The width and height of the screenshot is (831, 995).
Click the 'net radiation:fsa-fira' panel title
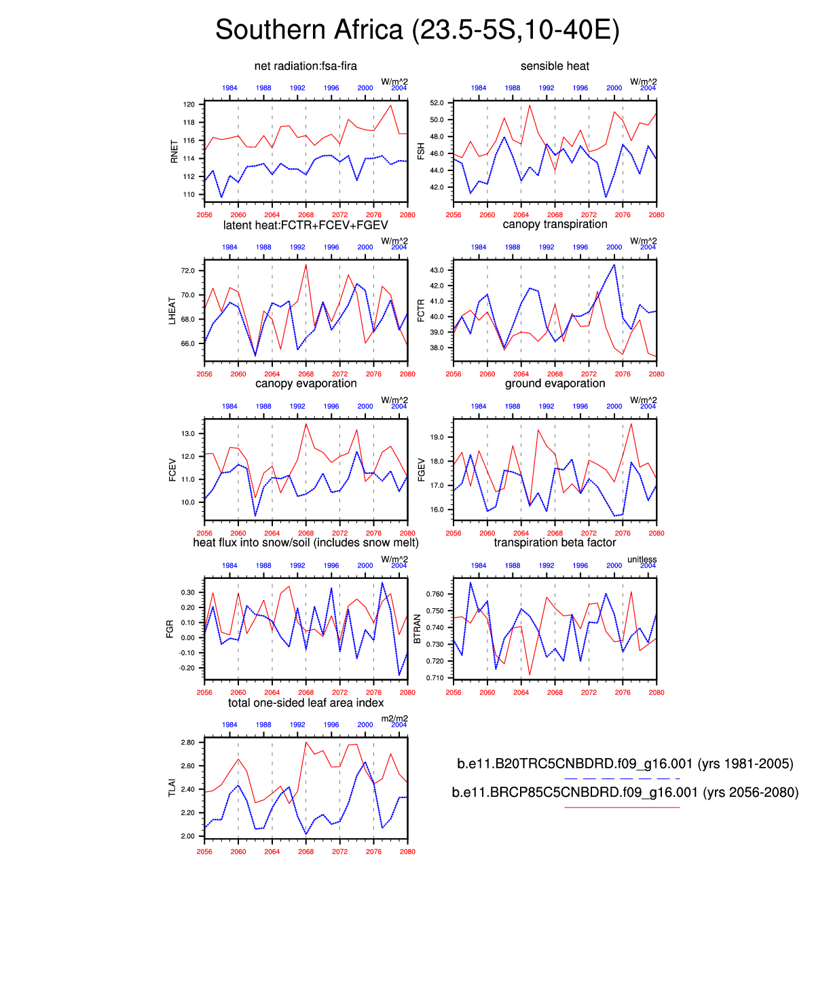coord(306,66)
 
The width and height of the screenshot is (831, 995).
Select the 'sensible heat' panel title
coord(555,66)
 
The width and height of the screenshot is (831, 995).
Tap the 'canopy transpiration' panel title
coord(555,225)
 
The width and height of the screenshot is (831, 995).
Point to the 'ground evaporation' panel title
coord(555,383)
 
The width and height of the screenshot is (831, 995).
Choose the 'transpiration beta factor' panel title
coord(555,542)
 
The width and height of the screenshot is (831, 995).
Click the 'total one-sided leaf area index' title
coord(306,702)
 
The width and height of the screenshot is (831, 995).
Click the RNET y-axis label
coord(174,151)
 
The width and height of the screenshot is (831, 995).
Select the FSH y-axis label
coord(421,151)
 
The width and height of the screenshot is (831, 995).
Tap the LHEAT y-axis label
coord(172,310)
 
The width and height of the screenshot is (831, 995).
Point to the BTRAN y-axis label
coord(418,629)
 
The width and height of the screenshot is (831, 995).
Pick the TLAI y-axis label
coord(172,788)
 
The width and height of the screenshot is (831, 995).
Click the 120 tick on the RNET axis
coord(189,105)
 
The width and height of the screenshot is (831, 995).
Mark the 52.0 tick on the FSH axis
coord(437,103)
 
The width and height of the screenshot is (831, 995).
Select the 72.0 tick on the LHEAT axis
coord(187,271)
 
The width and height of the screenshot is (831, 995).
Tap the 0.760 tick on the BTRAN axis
coord(435,594)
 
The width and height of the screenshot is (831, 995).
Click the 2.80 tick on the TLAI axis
coord(187,743)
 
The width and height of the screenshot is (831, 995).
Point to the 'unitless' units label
coord(642,560)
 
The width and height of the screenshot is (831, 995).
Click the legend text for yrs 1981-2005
coord(625,764)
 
